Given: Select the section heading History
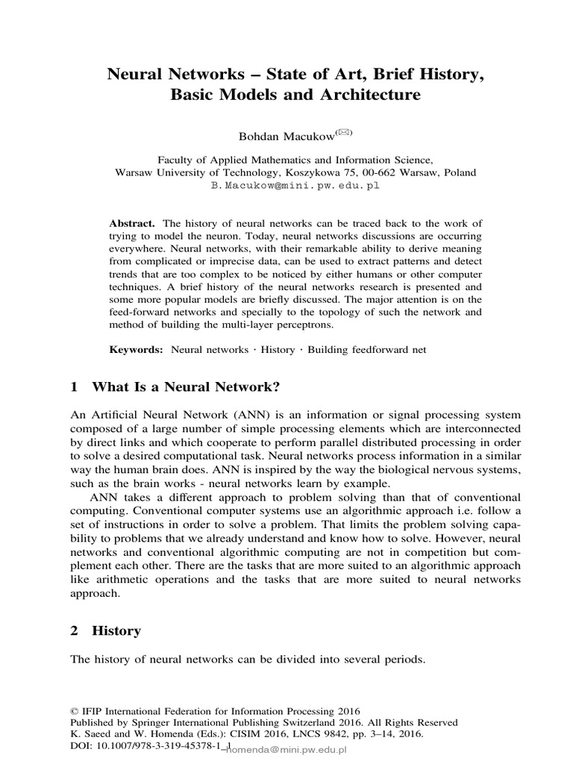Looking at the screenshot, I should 116,630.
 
